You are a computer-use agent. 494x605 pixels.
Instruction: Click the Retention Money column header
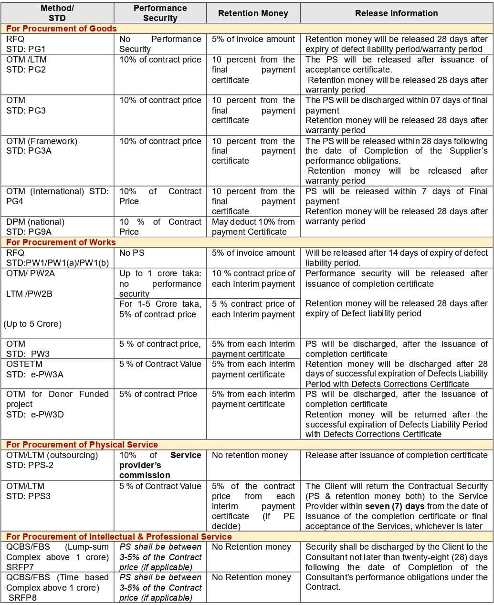pos(253,13)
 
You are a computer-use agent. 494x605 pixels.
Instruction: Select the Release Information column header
pos(396,13)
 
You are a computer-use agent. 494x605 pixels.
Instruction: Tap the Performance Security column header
pos(160,13)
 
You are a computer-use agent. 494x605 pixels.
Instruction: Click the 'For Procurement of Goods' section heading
pos(62,29)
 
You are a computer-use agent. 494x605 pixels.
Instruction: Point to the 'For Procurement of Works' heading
pos(61,242)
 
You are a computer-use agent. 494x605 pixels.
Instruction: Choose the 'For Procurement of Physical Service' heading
pos(82,445)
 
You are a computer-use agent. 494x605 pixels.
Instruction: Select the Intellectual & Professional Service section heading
pos(119,537)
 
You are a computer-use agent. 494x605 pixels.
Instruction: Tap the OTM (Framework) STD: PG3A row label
pos(42,146)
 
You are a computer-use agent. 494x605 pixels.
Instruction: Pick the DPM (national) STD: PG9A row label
pos(35,227)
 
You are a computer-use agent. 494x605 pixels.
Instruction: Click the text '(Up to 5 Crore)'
pos(32,324)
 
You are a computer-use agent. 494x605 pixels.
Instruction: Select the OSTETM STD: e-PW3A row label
pos(35,369)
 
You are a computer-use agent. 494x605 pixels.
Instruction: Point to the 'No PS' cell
pos(132,253)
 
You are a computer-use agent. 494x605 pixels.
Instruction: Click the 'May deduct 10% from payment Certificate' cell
pos(253,227)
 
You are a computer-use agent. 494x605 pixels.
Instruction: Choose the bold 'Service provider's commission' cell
pos(160,465)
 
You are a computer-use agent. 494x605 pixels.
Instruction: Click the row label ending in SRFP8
pos(57,587)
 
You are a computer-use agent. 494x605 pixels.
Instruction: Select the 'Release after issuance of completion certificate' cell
pos(396,455)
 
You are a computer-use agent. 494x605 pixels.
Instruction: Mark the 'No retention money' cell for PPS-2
pos(250,455)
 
